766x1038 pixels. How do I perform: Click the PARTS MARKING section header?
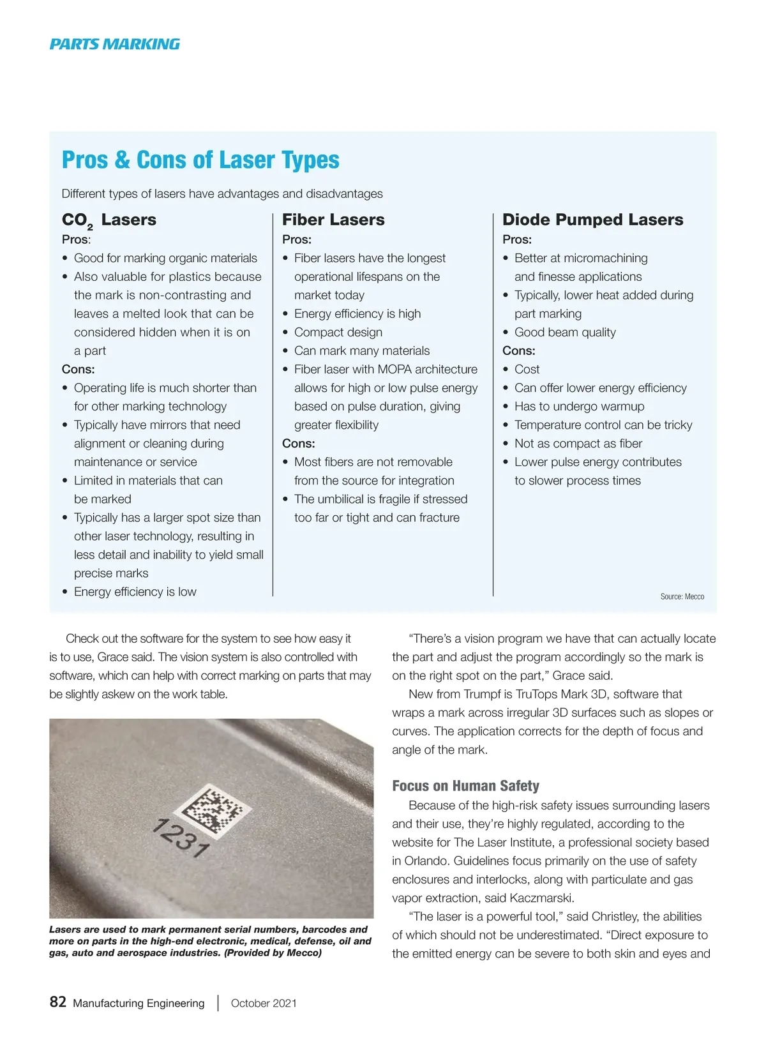coord(115,44)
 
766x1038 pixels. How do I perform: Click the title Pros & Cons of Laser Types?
coord(200,160)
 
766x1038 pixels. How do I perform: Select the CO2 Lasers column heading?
coord(109,220)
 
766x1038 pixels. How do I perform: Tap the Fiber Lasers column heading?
coord(333,220)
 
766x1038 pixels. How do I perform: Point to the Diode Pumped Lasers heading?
coord(592,220)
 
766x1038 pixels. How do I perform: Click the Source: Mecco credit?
coord(682,597)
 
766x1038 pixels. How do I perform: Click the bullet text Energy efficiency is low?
coord(135,592)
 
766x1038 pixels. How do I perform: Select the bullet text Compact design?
coord(338,332)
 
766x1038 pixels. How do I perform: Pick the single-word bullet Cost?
coord(527,369)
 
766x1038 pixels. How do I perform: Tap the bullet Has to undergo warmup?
coord(579,406)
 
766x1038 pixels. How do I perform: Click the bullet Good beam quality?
coord(565,332)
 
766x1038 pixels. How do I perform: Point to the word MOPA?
coord(395,369)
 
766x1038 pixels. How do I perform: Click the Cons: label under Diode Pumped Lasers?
coord(519,350)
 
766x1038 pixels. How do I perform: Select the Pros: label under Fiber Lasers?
coord(297,239)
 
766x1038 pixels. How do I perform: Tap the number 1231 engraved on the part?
coord(181,838)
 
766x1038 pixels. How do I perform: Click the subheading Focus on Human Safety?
coord(465,786)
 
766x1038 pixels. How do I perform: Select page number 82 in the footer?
coord(58,1002)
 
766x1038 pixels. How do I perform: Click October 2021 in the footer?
coord(264,1003)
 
